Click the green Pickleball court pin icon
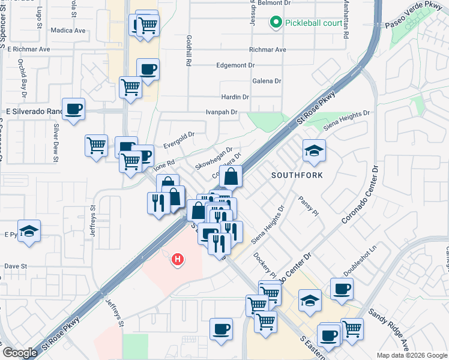tap(276, 23)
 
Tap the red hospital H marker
tap(178, 260)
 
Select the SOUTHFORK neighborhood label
tap(297, 176)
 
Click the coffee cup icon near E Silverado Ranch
tap(73, 109)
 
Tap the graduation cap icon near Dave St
tap(28, 231)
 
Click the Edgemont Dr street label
tap(235, 65)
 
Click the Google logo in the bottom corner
tap(20, 353)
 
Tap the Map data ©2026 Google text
tap(412, 355)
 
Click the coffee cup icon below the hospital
tap(221, 329)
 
